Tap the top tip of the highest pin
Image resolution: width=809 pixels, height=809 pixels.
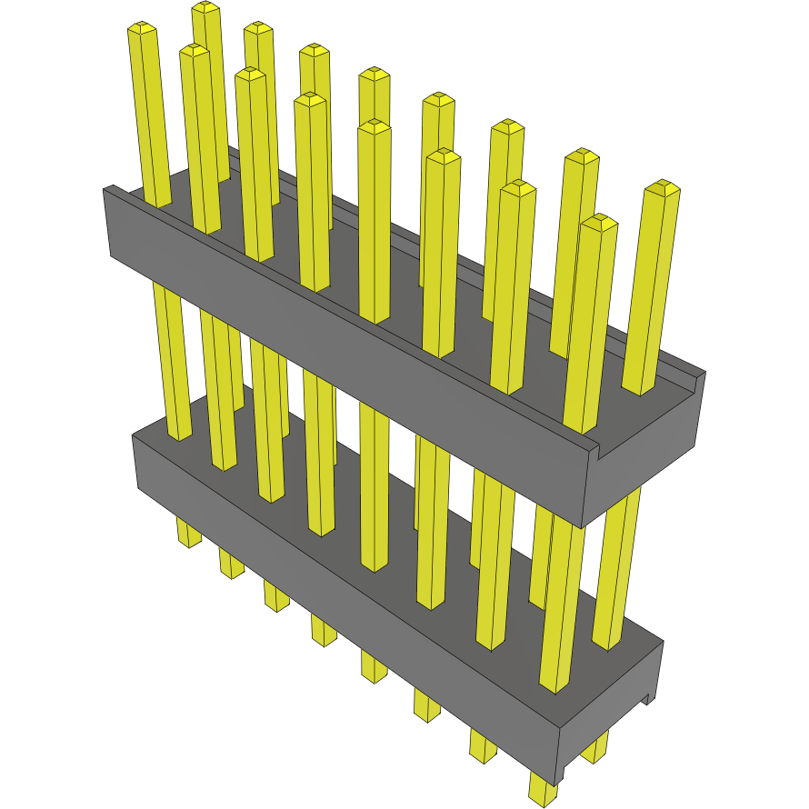pyautogui.click(x=205, y=8)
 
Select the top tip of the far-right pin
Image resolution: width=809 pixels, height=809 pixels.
pyautogui.click(x=663, y=187)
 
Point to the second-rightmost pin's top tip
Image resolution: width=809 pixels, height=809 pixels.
pyautogui.click(x=599, y=221)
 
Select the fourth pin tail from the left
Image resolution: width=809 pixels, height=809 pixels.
pyautogui.click(x=323, y=629)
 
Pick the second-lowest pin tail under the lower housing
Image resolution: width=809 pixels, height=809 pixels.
pyautogui.click(x=483, y=744)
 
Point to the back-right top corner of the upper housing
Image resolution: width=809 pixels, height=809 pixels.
pyautogui.click(x=704, y=373)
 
